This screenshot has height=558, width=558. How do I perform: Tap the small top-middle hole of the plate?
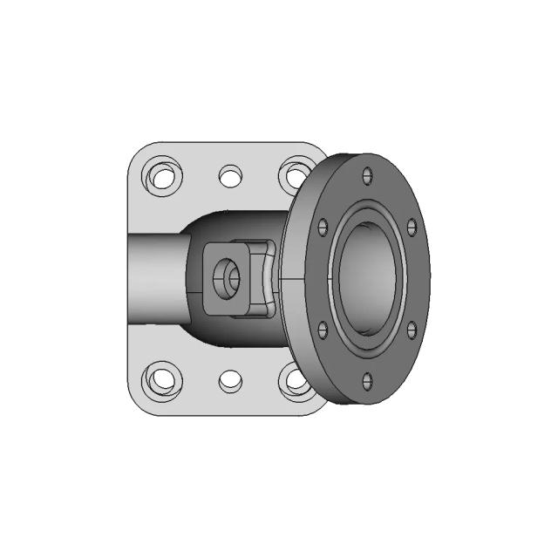230,177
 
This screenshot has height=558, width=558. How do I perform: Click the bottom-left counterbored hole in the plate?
162,379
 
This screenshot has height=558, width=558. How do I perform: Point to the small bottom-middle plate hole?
230,380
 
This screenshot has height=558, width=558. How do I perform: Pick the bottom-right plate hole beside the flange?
293,380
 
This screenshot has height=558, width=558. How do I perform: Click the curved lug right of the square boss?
262,279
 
